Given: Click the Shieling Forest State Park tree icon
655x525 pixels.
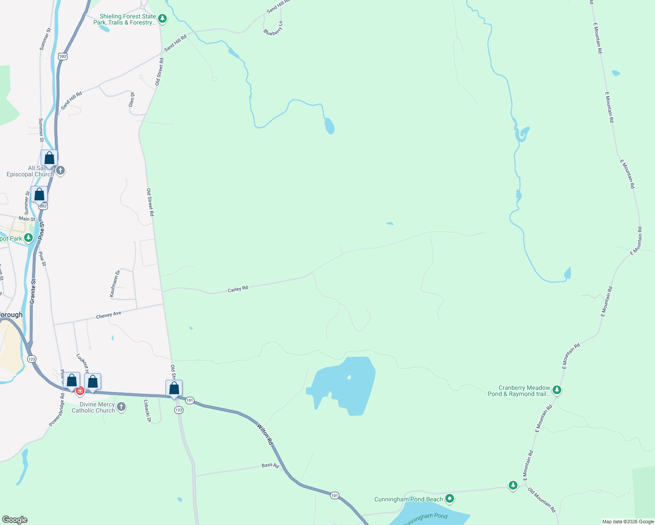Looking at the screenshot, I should (162, 18).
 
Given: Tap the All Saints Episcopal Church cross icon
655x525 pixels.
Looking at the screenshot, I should (60, 170).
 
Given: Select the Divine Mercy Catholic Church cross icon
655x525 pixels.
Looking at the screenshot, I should (121, 407).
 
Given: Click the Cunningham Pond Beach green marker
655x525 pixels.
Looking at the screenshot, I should (449, 498).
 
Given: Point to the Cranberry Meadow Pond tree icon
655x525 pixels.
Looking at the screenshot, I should (556, 389).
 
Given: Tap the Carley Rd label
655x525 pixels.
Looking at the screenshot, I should (238, 289).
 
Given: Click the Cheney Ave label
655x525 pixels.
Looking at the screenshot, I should (108, 315).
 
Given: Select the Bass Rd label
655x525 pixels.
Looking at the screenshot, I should (270, 465).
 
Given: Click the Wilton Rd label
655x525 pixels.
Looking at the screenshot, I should (265, 434).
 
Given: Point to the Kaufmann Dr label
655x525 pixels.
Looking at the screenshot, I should (115, 284).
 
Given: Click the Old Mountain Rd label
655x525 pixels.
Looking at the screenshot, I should (542, 500).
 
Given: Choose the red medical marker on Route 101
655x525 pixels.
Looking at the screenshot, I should (80, 391).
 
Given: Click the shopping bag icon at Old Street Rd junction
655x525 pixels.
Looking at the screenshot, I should (174, 388).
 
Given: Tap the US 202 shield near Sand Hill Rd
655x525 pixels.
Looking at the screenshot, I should (63, 56).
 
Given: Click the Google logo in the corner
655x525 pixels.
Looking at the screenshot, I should (14, 520).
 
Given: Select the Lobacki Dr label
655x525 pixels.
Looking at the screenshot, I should (148, 411).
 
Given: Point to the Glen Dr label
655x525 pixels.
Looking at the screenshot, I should (132, 99).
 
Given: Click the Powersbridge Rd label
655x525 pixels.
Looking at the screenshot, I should (57, 410).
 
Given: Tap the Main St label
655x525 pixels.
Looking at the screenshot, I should (27, 219).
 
